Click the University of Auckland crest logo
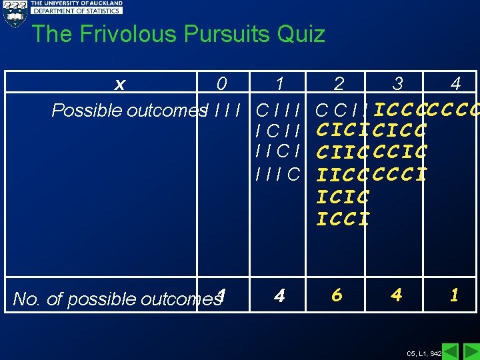click(14, 13)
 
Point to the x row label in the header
click(120, 84)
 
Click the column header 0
click(221, 84)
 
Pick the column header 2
click(339, 84)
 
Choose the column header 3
click(397, 84)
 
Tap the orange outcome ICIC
click(343, 197)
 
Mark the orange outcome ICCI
click(343, 219)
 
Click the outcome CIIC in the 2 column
click(343, 153)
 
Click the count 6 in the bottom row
click(337, 295)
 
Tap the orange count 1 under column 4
click(454, 295)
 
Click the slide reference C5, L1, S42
click(423, 353)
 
